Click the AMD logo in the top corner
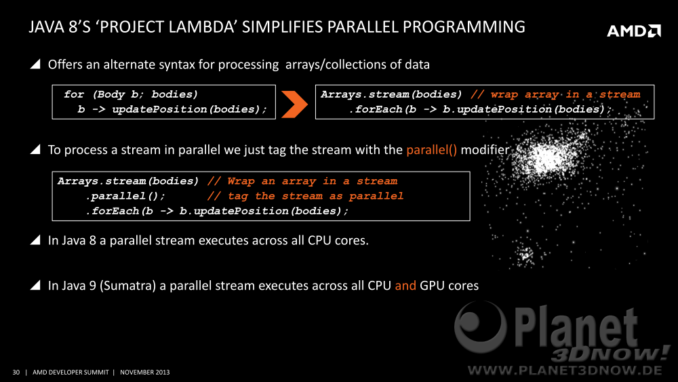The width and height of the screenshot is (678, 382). coord(634,31)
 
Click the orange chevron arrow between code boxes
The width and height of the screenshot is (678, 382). coord(294,104)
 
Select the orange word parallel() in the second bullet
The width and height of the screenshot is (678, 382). coord(431,150)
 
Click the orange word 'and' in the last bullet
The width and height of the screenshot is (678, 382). coord(405,286)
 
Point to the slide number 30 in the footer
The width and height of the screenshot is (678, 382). coord(16,372)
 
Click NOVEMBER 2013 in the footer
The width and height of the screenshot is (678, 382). coord(145,372)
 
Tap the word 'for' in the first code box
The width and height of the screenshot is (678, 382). coord(74,94)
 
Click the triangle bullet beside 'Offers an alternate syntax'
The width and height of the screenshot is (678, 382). coord(35,64)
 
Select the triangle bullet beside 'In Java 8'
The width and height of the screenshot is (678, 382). coord(35,240)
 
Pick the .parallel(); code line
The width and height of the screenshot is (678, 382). coord(125,196)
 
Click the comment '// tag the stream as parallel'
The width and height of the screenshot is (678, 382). coord(305,196)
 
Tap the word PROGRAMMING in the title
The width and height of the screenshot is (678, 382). coord(464,27)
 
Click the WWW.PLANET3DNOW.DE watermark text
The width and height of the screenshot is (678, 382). coord(565,370)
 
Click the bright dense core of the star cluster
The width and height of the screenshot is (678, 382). coord(546,157)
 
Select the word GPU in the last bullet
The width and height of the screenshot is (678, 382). coord(433,286)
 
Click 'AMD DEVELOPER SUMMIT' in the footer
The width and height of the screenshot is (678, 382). coord(71,372)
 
